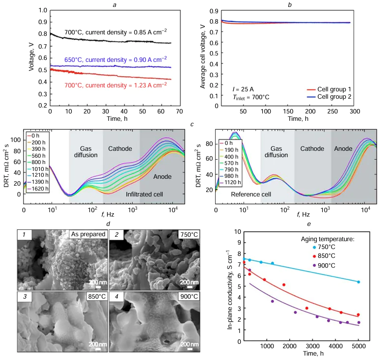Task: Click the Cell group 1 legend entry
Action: point(357,89)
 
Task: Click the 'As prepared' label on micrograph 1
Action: point(89,234)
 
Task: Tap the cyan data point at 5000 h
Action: point(358,282)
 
